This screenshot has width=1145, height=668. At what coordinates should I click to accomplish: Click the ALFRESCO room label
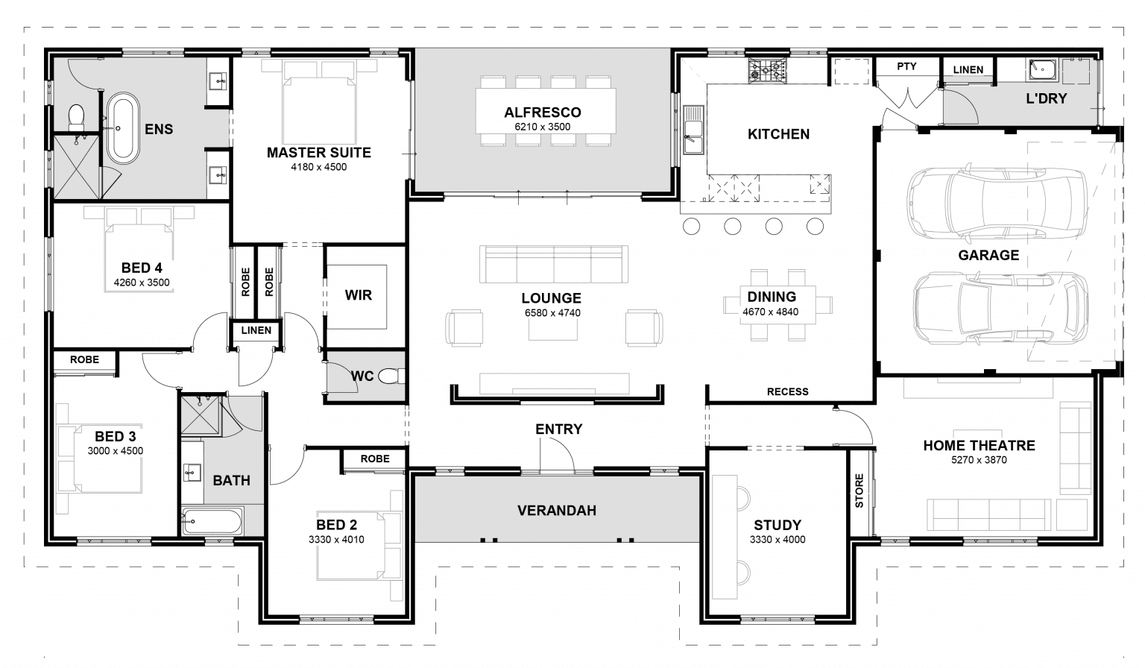[542, 113]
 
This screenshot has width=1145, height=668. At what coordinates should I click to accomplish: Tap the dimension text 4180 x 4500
[318, 167]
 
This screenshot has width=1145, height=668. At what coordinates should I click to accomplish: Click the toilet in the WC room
[391, 376]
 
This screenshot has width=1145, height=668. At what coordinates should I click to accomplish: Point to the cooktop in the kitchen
[767, 71]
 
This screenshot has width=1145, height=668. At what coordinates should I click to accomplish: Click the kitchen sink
[693, 129]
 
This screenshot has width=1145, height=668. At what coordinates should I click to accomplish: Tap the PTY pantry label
[906, 66]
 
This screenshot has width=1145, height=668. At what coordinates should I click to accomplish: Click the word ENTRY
[558, 429]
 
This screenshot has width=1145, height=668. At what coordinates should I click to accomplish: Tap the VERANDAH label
[557, 511]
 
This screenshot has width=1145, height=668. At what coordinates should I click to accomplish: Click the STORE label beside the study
[859, 491]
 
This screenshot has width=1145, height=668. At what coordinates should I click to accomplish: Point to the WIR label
[358, 295]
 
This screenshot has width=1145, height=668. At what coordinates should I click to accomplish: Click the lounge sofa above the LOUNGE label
[555, 264]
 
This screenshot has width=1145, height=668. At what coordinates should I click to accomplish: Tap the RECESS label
[787, 391]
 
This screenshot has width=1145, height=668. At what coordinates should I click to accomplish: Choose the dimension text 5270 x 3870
[979, 460]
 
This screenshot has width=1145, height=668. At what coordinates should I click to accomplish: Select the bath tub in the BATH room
[212, 521]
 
